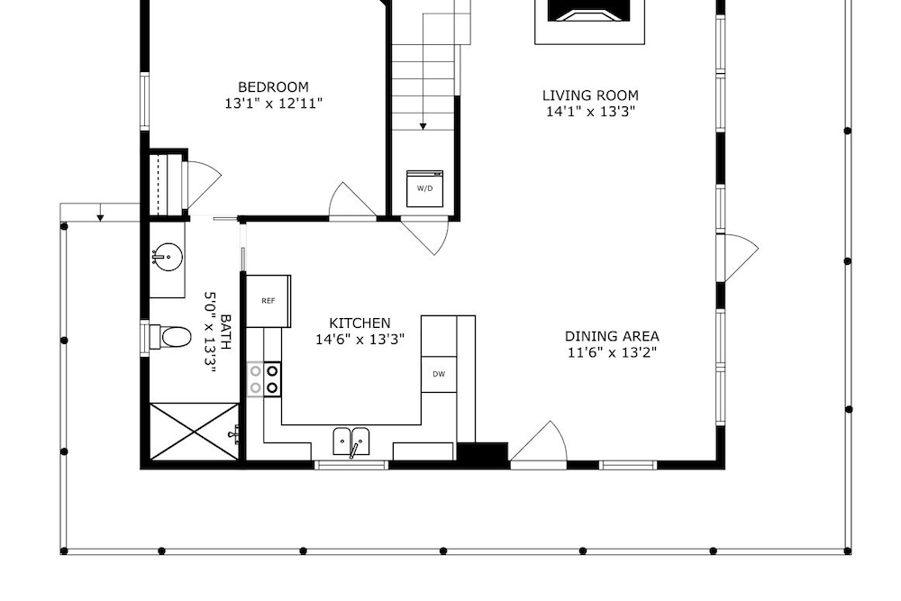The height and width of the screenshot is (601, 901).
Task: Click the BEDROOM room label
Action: (x=273, y=87)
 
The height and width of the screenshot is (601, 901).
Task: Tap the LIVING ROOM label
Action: (x=590, y=95)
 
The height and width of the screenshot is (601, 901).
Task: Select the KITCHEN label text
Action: (x=359, y=323)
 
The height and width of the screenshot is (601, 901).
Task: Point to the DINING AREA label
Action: (x=612, y=336)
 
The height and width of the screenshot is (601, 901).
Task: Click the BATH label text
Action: (x=226, y=332)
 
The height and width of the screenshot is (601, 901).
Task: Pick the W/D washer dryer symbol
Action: (x=424, y=188)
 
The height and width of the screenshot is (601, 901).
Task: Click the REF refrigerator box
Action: (x=268, y=301)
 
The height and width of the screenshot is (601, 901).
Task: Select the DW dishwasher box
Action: (x=439, y=374)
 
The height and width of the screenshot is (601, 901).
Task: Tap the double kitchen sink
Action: (x=351, y=442)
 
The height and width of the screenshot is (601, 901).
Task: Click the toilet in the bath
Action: (x=170, y=337)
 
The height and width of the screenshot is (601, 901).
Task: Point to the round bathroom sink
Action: (x=168, y=256)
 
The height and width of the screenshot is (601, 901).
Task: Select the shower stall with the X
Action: (x=195, y=432)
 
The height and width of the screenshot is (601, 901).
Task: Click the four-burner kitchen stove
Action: (x=264, y=379)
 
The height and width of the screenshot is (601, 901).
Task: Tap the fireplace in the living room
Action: (x=589, y=20)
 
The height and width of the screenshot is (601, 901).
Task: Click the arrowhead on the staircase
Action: (x=423, y=126)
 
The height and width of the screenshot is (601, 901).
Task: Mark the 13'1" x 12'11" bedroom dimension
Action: (x=273, y=104)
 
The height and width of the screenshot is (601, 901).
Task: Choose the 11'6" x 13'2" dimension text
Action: (x=612, y=352)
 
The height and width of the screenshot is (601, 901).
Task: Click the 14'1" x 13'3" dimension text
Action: (x=590, y=112)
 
